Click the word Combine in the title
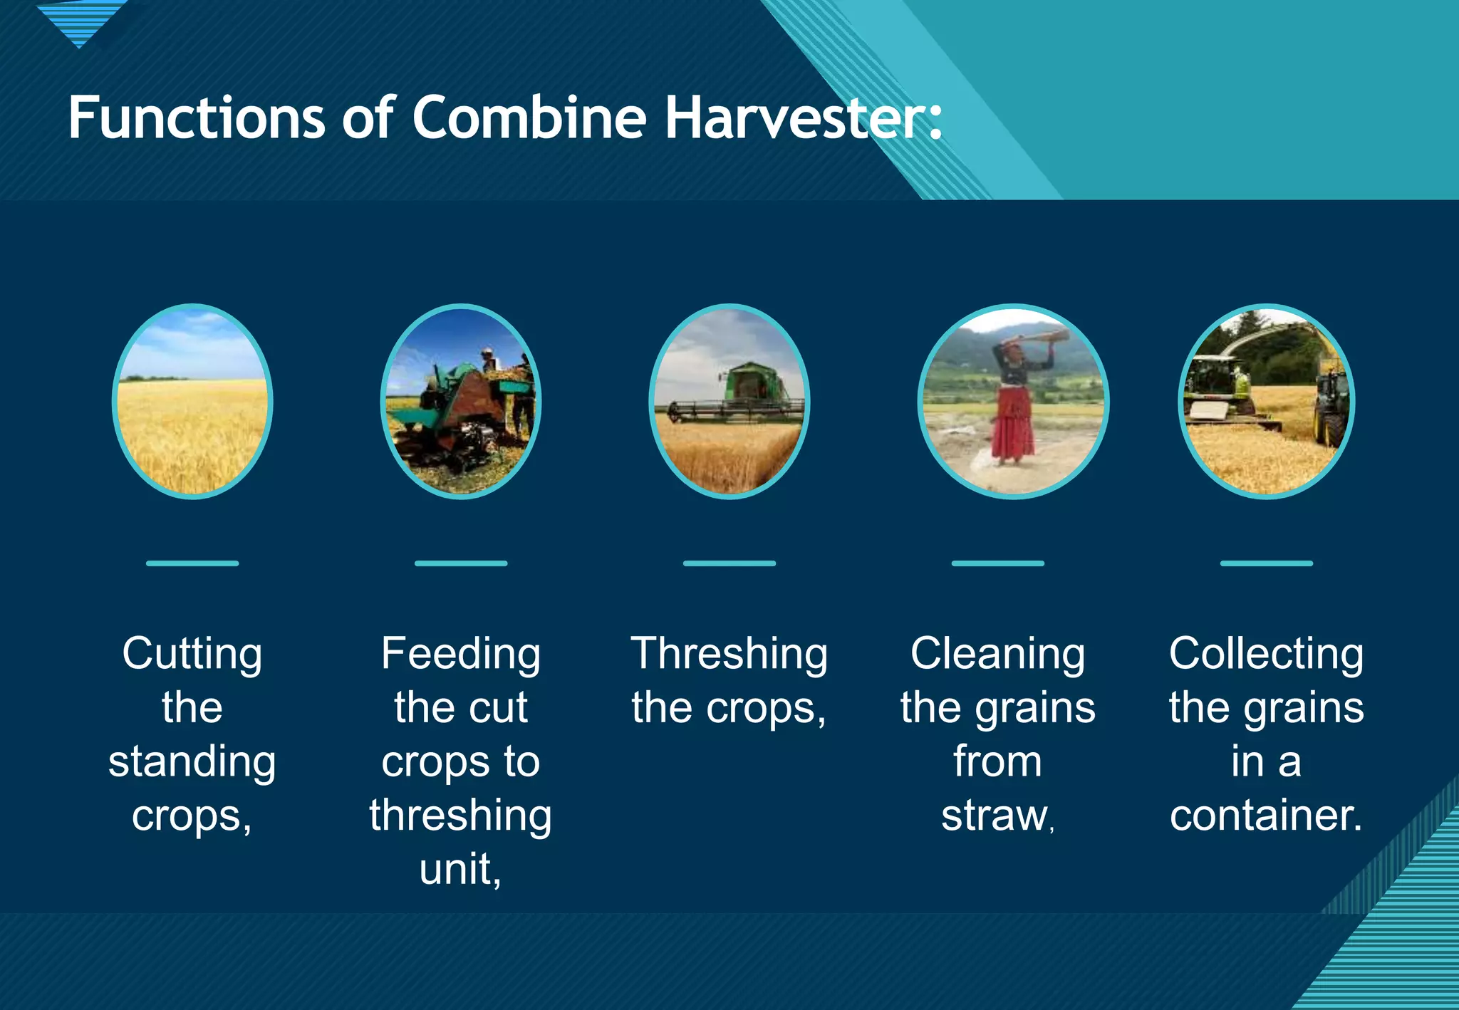pyautogui.click(x=529, y=118)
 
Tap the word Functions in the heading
pyautogui.click(x=197, y=118)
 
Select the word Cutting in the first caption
pyautogui.click(x=192, y=654)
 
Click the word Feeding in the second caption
pyautogui.click(x=460, y=654)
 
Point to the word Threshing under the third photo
pyautogui.click(x=729, y=654)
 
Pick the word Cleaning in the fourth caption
pyautogui.click(x=997, y=654)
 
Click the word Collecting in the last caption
pyautogui.click(x=1266, y=654)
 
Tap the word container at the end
pyautogui.click(x=1266, y=816)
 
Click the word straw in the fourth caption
pyautogui.click(x=994, y=816)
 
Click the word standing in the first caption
pyautogui.click(x=192, y=761)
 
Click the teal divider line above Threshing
pyautogui.click(x=729, y=563)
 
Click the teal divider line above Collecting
pyautogui.click(x=1266, y=563)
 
